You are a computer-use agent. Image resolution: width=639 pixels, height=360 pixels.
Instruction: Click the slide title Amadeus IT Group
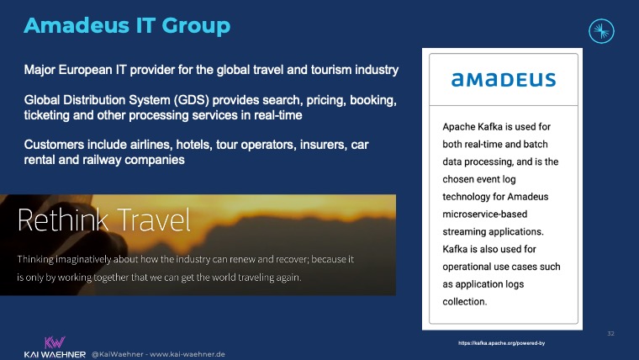point(126,26)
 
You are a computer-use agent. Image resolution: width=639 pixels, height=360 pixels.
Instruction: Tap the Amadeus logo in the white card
point(503,81)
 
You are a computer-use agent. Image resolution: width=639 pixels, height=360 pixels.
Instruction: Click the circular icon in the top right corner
point(603,33)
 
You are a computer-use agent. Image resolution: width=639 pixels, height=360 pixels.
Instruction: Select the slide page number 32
point(611,334)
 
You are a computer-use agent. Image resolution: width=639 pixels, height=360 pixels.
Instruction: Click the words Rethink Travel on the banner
point(103,220)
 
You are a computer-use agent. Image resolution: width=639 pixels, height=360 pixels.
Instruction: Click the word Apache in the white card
point(462,127)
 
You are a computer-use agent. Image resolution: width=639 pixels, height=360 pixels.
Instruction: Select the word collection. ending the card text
point(467,302)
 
